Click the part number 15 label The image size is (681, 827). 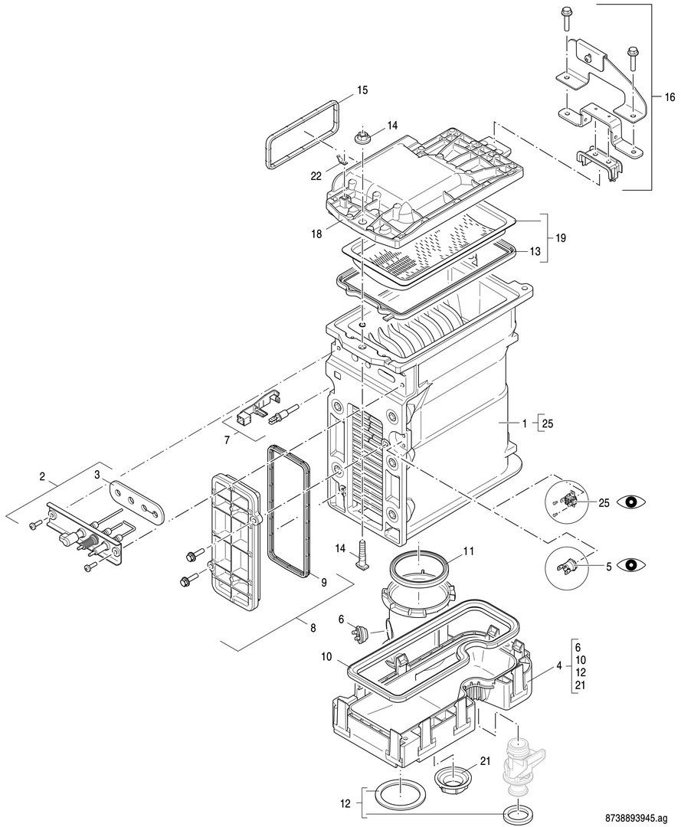[362, 90]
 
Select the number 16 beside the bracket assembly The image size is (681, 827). [670, 97]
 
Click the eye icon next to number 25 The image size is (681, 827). [632, 502]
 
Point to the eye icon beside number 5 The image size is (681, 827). [632, 566]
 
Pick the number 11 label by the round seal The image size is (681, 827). [468, 551]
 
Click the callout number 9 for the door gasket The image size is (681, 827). [324, 581]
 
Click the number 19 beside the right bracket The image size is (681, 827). [561, 238]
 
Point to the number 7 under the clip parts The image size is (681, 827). [227, 440]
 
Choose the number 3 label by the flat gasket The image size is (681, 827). [97, 476]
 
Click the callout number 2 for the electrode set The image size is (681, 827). [43, 476]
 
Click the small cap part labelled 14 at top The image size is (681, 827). [362, 138]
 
